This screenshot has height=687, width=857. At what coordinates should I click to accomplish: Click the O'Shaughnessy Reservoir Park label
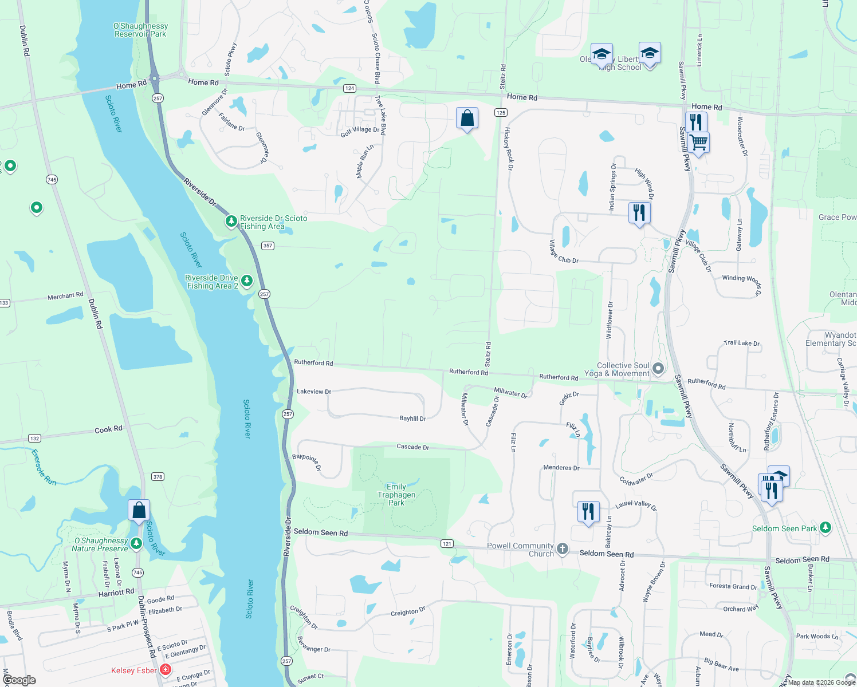[140, 30]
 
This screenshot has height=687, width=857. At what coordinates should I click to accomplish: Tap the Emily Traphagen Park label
[396, 495]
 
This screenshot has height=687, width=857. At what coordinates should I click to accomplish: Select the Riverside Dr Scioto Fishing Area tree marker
[231, 221]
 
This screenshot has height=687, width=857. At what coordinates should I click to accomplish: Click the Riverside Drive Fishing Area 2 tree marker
[247, 281]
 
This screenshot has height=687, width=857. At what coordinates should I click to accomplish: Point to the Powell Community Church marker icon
[563, 549]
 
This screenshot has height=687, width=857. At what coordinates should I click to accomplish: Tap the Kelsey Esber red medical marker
[166, 669]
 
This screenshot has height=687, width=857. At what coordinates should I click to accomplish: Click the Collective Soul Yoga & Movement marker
[658, 369]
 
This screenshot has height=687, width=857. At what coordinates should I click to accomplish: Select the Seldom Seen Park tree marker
[825, 527]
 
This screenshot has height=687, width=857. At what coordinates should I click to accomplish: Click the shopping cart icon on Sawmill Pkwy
[698, 142]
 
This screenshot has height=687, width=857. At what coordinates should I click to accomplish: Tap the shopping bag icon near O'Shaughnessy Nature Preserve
[139, 510]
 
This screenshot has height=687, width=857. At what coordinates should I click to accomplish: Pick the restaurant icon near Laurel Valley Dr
[588, 511]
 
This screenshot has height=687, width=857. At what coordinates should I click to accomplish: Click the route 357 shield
[268, 246]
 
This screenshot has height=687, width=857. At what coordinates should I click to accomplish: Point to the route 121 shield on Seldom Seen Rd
[447, 543]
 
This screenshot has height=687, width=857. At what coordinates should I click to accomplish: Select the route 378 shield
[158, 476]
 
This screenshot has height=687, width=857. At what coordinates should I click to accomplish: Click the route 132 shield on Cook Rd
[34, 439]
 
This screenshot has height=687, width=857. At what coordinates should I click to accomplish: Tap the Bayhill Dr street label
[412, 418]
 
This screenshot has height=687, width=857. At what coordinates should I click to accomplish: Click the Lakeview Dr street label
[314, 392]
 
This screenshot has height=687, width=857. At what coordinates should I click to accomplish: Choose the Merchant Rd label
[65, 296]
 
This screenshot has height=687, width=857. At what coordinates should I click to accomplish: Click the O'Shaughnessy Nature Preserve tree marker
[136, 543]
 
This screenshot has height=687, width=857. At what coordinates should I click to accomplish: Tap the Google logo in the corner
[19, 680]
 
